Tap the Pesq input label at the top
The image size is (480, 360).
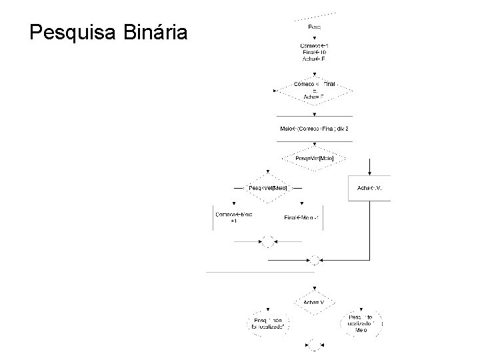[315, 27]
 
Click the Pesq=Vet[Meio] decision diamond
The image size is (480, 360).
[314, 159]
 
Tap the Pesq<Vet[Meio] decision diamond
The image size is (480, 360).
[268, 188]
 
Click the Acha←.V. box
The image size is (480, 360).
[369, 188]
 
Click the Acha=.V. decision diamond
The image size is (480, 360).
[314, 302]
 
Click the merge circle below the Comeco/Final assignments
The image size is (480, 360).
[268, 241]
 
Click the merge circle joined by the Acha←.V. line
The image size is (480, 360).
[314, 259]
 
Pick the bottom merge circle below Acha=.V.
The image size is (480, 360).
[314, 345]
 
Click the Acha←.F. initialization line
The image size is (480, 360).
[314, 59]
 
